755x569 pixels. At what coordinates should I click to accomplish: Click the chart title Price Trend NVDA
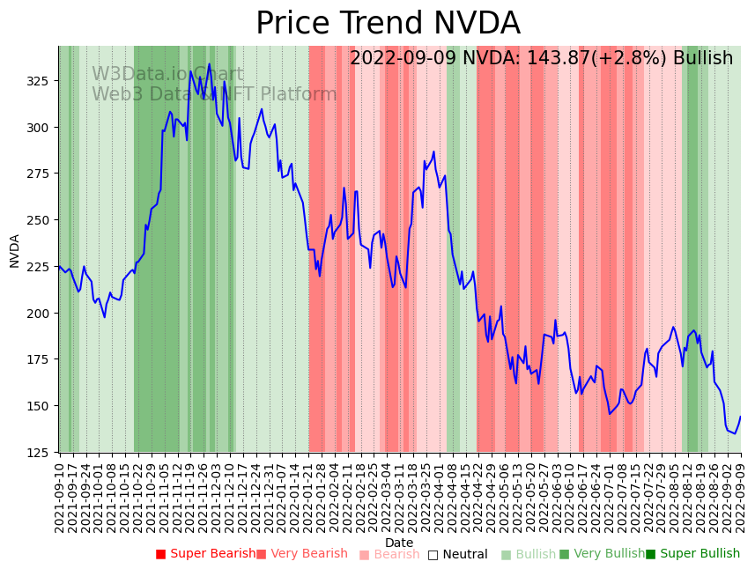coord(388,24)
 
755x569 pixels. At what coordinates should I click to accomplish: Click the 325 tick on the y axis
coord(40,81)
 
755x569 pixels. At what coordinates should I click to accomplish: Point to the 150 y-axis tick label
coord(40,406)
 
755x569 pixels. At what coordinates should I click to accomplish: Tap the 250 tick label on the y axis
coord(40,220)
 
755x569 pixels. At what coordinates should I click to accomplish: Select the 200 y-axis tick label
coord(40,314)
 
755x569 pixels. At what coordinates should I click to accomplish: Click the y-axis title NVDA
coord(15,250)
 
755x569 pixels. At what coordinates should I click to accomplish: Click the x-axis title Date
coord(399,543)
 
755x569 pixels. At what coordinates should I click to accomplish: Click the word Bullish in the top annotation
coord(703,59)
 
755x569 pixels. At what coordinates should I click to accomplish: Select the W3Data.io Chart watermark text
coord(167,75)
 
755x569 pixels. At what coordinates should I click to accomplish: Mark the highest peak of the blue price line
coord(209,63)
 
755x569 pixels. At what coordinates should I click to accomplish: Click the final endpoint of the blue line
coord(740,417)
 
